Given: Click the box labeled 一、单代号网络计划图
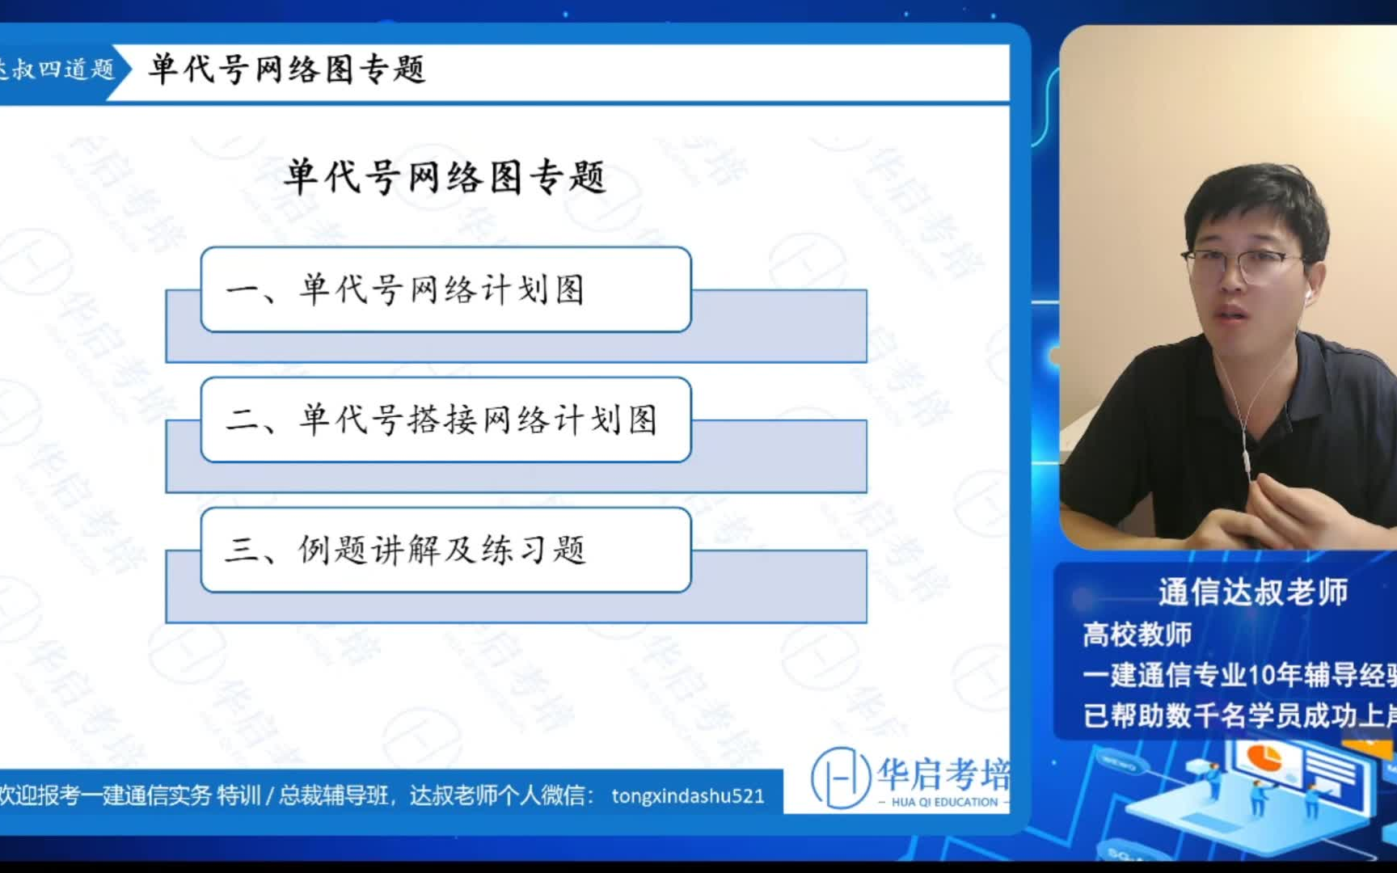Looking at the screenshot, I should (x=445, y=289).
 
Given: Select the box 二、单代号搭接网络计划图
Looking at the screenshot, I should (x=445, y=420).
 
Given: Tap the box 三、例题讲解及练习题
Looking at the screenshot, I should (x=445, y=550).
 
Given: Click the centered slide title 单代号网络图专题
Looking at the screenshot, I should (x=445, y=176).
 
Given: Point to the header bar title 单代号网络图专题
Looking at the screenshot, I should (x=287, y=70).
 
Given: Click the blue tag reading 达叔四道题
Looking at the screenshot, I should (x=57, y=70).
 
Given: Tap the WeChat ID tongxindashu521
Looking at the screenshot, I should (x=687, y=796).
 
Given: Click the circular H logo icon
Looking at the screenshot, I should (x=839, y=778).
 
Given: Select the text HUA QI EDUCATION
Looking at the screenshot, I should (x=944, y=803).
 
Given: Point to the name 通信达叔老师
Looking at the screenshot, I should (x=1252, y=593).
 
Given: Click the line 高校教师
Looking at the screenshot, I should (x=1137, y=635).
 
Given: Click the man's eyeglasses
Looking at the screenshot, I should (x=1245, y=264).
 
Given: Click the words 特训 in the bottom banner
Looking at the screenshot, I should (x=238, y=796).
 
